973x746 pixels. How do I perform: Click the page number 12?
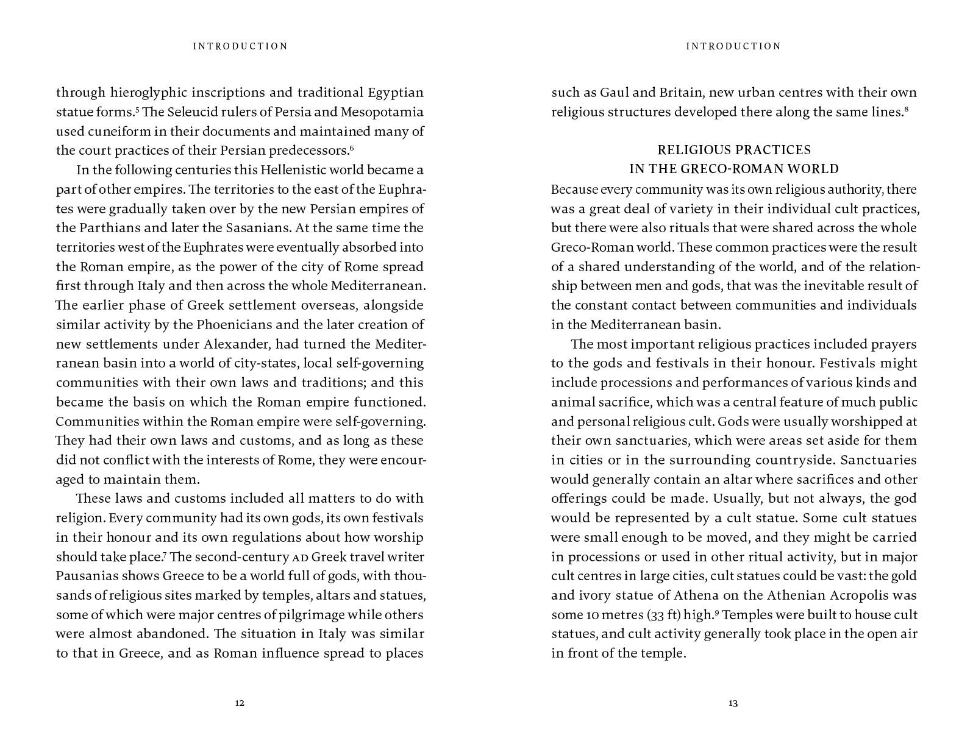tap(240, 703)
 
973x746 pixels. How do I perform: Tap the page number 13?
tap(733, 703)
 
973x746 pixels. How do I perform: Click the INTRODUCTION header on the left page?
tap(240, 46)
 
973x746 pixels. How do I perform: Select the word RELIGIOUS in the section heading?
tap(692, 150)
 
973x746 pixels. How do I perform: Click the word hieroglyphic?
tap(146, 93)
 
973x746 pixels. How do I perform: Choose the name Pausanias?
tap(85, 576)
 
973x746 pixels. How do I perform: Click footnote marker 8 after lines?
tap(907, 109)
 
